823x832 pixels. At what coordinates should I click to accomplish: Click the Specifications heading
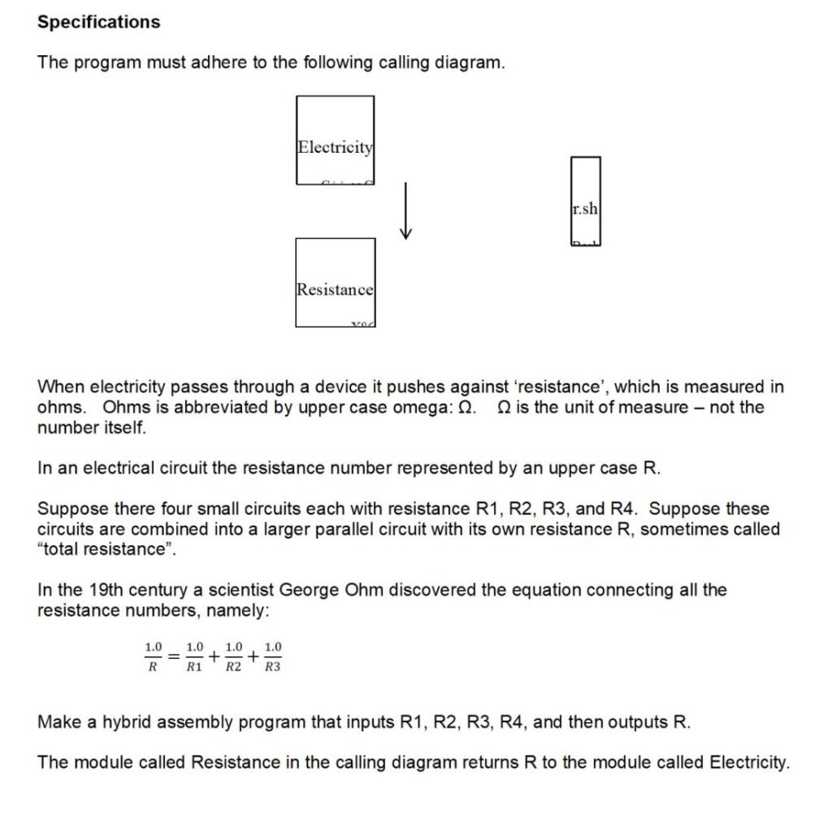(98, 22)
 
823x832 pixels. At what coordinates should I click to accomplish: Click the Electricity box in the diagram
(335, 140)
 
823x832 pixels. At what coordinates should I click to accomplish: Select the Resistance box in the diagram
(335, 283)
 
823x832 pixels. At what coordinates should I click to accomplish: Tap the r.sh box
(585, 201)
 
